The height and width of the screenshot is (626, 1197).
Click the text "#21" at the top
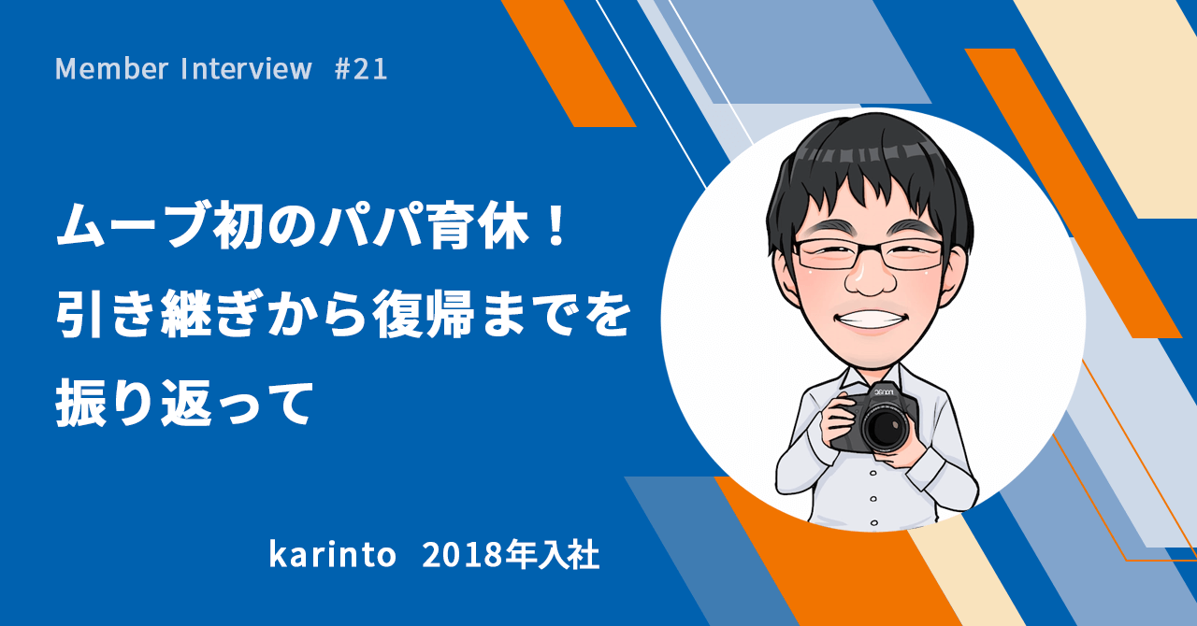click(x=361, y=69)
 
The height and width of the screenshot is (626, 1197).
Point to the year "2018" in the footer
click(x=453, y=555)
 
